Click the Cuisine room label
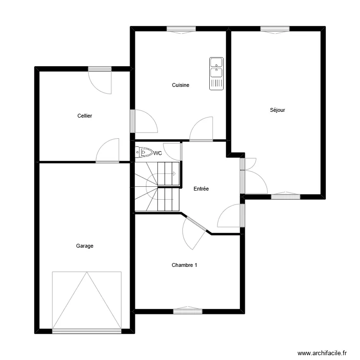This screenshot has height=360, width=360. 180,85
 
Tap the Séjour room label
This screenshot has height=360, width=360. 277,110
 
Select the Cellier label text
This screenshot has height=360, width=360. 84,116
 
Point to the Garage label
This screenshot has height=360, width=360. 84,246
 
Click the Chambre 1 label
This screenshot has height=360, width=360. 184,265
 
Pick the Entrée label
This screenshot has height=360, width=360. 201,189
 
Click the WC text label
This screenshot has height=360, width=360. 157,153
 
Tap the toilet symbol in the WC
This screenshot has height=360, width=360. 144,153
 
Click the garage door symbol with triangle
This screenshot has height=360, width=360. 86,300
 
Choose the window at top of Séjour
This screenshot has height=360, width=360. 275,29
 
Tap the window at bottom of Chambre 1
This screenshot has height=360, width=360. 188,311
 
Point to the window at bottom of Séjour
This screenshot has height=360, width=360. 286,196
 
